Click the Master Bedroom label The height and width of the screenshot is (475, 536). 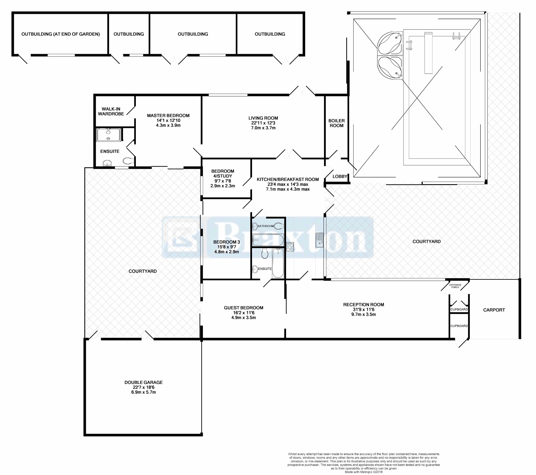click(x=168, y=115)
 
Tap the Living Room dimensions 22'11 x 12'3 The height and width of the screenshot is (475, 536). click(x=263, y=123)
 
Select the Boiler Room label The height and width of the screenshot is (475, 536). click(x=337, y=123)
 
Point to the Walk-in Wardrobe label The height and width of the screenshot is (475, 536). click(x=111, y=111)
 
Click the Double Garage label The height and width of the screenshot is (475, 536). click(x=143, y=382)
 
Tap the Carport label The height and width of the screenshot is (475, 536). click(x=494, y=310)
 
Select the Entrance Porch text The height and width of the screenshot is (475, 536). click(x=455, y=286)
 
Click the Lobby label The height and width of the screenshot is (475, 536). click(x=340, y=176)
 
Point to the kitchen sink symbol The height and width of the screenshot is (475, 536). click(x=319, y=240)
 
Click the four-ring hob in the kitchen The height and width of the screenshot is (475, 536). click(x=290, y=247)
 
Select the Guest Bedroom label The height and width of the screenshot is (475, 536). click(x=243, y=308)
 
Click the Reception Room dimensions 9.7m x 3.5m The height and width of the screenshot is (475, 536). click(x=364, y=314)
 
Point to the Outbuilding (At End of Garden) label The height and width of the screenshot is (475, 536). click(x=60, y=34)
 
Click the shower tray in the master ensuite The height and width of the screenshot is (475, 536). click(x=109, y=135)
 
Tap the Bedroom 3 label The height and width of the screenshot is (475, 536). click(x=227, y=242)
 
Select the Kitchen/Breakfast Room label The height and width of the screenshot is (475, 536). click(x=288, y=180)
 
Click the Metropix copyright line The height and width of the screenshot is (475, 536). click(x=364, y=472)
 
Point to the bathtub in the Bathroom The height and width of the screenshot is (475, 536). click(x=268, y=240)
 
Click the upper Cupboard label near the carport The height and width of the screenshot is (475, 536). click(x=459, y=310)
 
